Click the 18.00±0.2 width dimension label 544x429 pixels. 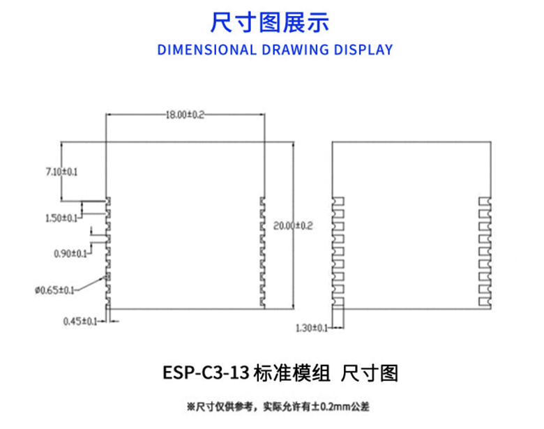[184, 115]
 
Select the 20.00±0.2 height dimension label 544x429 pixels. [294, 226]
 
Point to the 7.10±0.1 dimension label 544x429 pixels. [61, 171]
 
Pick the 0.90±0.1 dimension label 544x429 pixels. [70, 254]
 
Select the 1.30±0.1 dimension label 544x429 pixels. [312, 328]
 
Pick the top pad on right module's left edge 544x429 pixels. [338, 202]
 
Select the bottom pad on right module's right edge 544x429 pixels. [484, 301]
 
